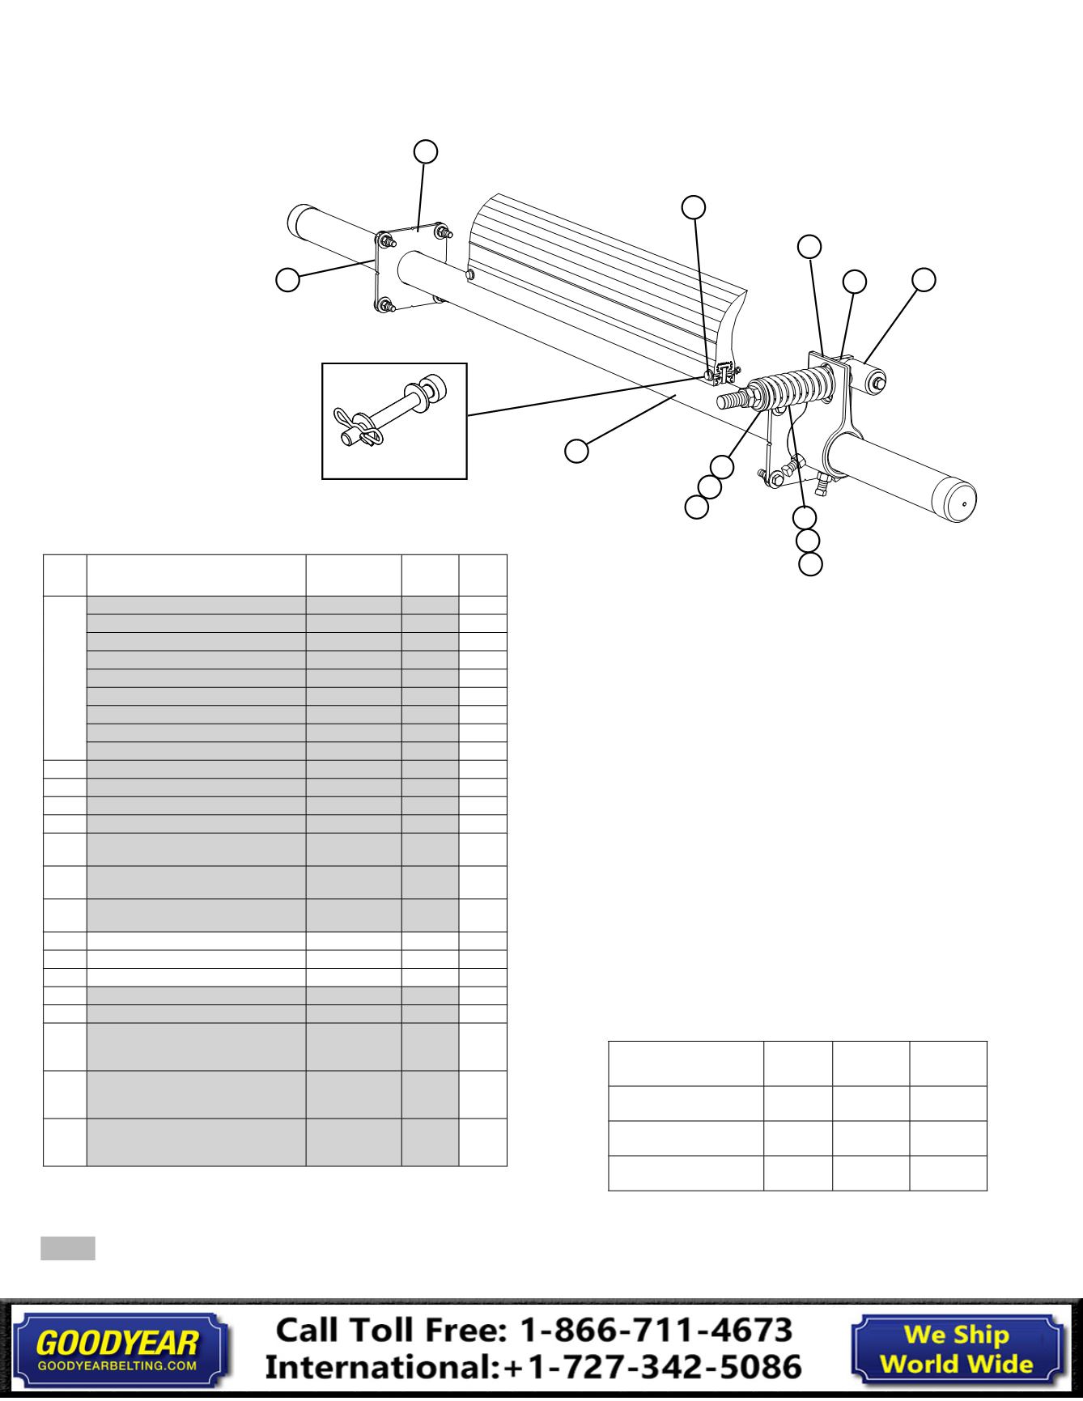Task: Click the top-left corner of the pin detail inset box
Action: (x=322, y=363)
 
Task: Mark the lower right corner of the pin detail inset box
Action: (x=468, y=479)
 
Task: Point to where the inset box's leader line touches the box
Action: (x=468, y=415)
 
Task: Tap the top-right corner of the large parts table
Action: (x=507, y=555)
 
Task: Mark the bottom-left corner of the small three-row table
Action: (x=609, y=1191)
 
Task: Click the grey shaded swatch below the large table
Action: (x=68, y=1248)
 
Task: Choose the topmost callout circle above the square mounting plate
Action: (x=426, y=151)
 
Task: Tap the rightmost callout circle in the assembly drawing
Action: (x=924, y=279)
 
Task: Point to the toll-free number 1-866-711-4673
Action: (x=655, y=1330)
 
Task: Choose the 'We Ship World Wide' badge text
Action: (x=957, y=1348)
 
